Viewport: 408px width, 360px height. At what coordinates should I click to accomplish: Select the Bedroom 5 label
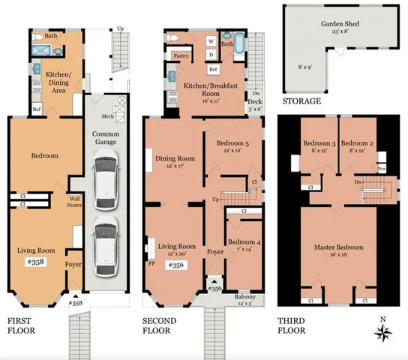[232, 143]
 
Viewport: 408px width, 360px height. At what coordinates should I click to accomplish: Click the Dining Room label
[175, 158]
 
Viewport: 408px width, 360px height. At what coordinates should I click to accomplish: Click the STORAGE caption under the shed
[301, 101]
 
